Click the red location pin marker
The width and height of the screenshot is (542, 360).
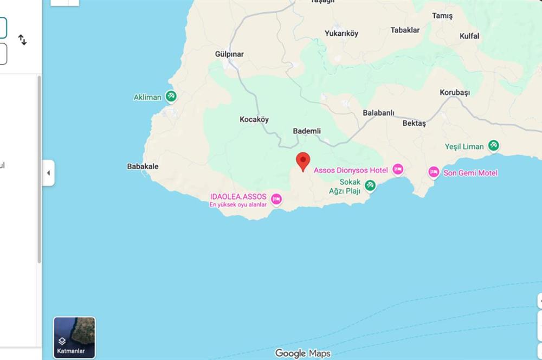(x=303, y=161)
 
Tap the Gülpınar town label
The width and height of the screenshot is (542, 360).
(x=229, y=54)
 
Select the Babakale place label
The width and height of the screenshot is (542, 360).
(x=143, y=166)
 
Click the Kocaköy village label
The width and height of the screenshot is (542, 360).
(x=254, y=120)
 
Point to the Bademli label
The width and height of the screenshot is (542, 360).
(x=307, y=131)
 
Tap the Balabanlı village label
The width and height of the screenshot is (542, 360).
(x=378, y=113)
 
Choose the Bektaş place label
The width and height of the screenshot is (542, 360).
(x=414, y=124)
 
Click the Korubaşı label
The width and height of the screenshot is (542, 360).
(x=455, y=93)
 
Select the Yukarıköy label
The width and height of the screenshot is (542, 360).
(x=341, y=34)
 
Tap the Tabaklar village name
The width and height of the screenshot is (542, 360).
(x=405, y=30)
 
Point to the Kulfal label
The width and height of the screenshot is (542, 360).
(x=469, y=36)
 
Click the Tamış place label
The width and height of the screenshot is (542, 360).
(x=442, y=16)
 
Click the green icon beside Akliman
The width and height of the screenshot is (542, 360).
(x=171, y=97)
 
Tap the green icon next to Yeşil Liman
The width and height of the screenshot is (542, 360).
(x=493, y=146)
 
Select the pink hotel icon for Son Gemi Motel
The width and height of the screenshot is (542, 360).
(x=434, y=172)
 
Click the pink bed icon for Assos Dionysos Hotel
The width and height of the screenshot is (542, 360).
(x=398, y=170)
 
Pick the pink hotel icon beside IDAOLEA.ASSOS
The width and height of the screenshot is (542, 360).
(x=276, y=199)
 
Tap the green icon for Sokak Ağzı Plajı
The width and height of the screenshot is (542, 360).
(x=370, y=185)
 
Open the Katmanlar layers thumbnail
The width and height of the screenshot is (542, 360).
(x=74, y=338)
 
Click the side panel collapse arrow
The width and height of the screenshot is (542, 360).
(x=48, y=173)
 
